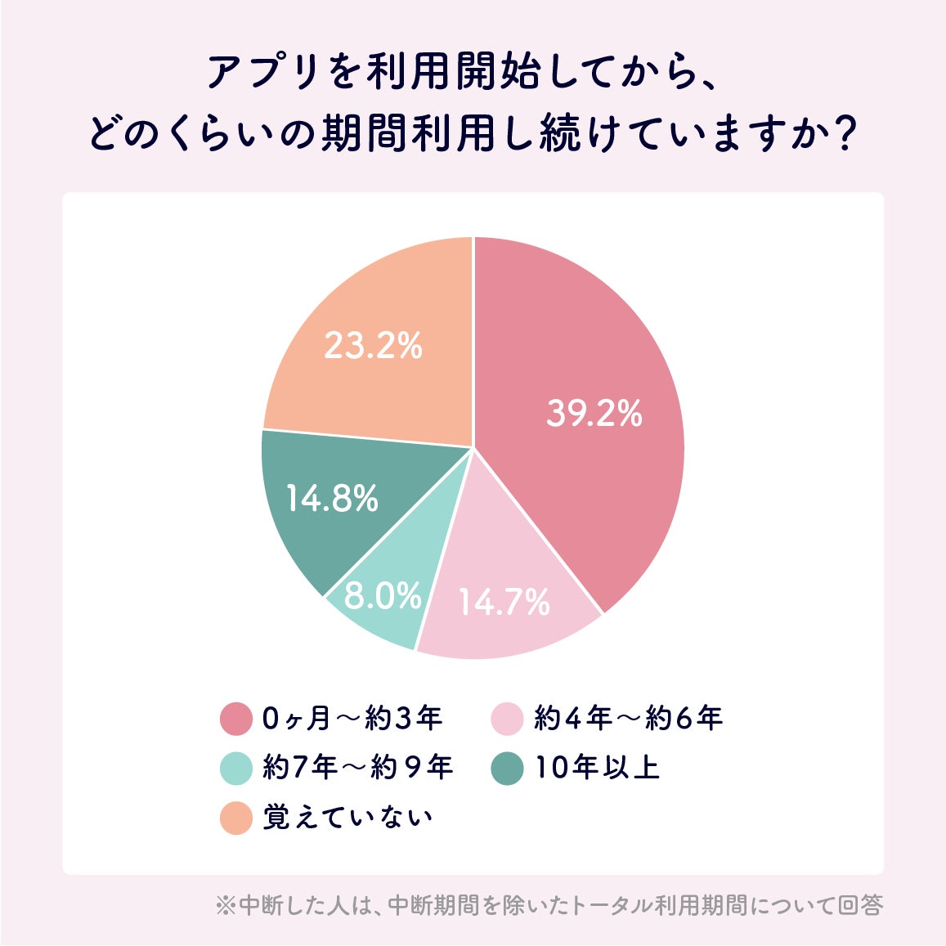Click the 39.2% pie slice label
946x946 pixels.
click(x=594, y=414)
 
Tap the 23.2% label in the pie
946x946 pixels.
click(x=373, y=346)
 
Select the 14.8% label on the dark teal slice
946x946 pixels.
click(x=331, y=498)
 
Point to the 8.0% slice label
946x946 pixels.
click(x=383, y=595)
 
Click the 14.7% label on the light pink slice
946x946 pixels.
click(x=504, y=603)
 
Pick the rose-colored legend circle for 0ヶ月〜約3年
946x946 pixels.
click(x=236, y=719)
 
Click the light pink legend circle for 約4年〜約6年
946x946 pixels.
click(x=507, y=719)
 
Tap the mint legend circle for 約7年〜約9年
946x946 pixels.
click(x=236, y=768)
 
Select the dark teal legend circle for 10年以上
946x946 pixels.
click(x=507, y=768)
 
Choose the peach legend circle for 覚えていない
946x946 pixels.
click(x=236, y=818)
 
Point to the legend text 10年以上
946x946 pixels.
click(x=597, y=768)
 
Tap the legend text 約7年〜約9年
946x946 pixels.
click(x=357, y=768)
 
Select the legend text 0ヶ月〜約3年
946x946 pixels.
click(x=352, y=719)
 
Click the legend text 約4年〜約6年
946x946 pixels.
click(x=628, y=719)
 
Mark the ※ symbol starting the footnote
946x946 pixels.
click(x=225, y=906)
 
